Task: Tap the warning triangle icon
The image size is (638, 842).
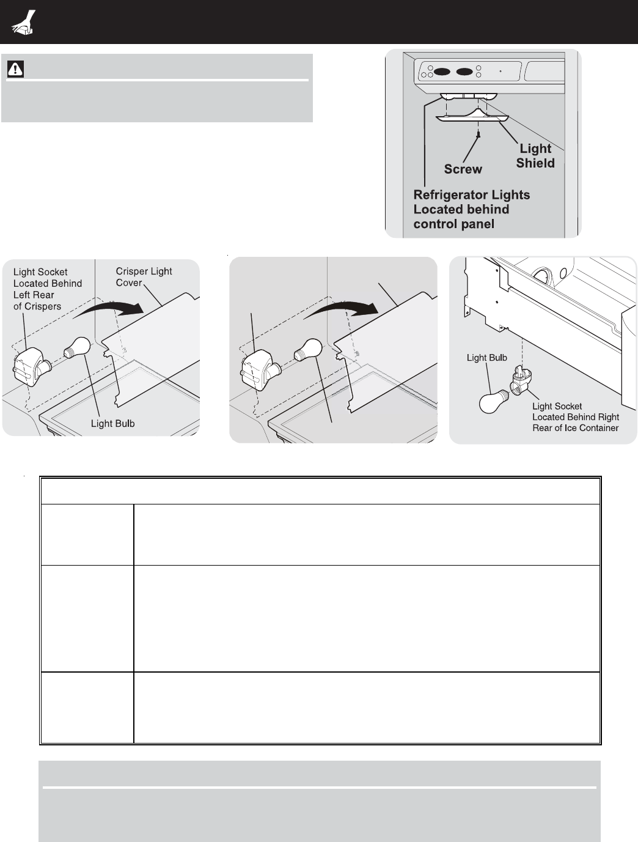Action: [15, 69]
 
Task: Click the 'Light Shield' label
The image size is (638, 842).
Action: [535, 156]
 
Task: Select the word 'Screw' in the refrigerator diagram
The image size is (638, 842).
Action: [463, 169]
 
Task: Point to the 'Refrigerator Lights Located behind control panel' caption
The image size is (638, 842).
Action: [471, 209]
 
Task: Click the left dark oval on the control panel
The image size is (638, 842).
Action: [442, 72]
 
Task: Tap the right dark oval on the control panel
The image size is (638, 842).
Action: [465, 72]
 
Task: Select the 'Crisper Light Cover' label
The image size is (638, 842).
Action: [144, 277]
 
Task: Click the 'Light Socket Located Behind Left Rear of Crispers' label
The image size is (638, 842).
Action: [47, 289]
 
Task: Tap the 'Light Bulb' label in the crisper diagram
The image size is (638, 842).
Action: [112, 424]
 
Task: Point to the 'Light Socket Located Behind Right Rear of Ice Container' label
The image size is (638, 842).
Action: [575, 417]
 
